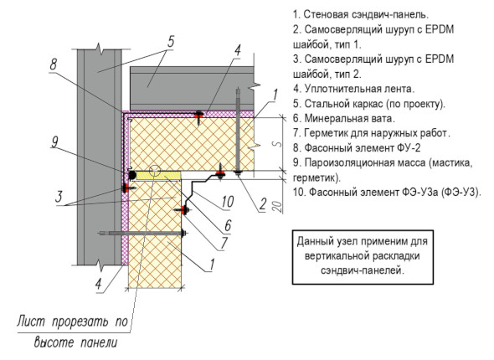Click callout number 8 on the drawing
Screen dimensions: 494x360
54,64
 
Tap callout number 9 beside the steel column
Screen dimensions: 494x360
54,142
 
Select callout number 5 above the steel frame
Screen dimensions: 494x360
171,42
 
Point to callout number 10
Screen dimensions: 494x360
228,202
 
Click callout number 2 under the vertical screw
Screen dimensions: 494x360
263,204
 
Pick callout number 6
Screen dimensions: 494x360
228,225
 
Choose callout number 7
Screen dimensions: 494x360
224,243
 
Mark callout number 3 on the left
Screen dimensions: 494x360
59,197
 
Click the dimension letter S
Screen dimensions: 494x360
277,144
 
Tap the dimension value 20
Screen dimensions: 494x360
277,206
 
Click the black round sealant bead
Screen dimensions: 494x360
131,174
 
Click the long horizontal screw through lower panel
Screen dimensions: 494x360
142,234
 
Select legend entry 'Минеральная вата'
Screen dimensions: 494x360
344,118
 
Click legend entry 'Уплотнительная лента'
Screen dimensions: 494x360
354,89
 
